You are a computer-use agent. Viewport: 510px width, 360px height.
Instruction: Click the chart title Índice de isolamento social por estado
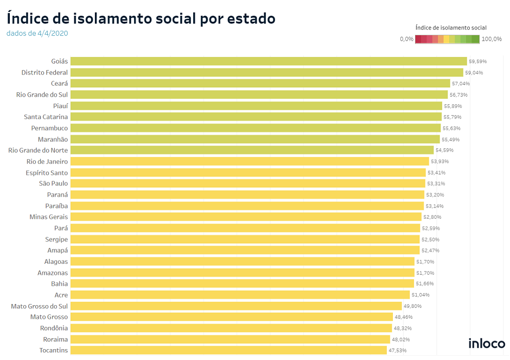tap(141, 18)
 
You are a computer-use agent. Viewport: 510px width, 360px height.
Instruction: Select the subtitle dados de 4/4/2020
tap(37, 33)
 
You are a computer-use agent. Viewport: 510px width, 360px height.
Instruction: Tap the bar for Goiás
tap(269, 61)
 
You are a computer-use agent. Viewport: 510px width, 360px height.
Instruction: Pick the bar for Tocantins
tap(228, 350)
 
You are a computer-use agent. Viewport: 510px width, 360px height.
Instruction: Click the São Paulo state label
tap(53, 184)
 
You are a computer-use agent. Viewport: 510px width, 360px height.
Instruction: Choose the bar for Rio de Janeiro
tap(250, 161)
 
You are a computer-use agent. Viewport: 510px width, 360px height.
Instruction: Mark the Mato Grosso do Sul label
tap(40, 306)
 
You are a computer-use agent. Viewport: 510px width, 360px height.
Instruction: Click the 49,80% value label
tap(412, 306)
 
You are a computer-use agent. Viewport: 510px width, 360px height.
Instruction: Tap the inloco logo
tap(487, 344)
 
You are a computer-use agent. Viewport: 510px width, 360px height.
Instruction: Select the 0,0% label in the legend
tap(406, 39)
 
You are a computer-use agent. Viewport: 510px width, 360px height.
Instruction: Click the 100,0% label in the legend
tap(492, 39)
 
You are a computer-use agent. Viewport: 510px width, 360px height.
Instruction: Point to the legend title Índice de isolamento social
tap(450, 27)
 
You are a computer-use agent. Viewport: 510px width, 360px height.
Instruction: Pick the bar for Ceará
tap(260, 84)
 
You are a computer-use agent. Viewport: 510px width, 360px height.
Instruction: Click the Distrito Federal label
tap(44, 73)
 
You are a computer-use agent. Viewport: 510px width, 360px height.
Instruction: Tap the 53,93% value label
tap(439, 161)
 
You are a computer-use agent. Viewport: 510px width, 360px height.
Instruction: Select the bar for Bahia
tap(242, 283)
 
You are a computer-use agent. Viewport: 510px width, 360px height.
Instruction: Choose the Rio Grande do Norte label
tap(39, 150)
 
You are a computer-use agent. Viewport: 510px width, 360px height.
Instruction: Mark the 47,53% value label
tap(398, 351)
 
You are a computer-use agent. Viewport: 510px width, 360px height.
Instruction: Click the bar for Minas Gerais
tap(246, 217)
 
